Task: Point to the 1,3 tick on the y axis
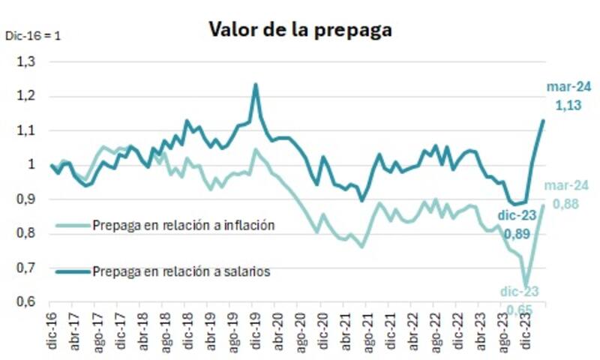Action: click(x=25, y=62)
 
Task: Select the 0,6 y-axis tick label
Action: click(x=25, y=301)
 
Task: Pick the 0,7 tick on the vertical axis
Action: click(x=25, y=268)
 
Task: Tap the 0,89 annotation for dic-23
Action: click(x=518, y=234)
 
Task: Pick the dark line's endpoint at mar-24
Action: click(x=544, y=120)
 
